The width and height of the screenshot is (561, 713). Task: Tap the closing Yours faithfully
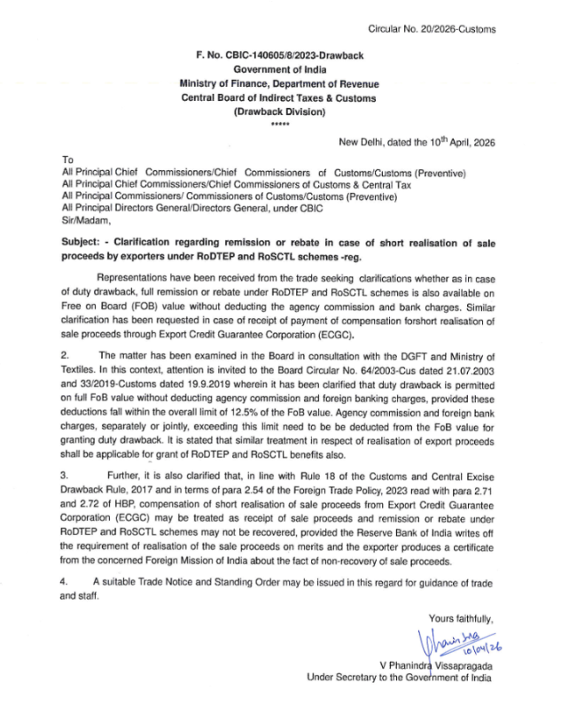pos(460,618)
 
